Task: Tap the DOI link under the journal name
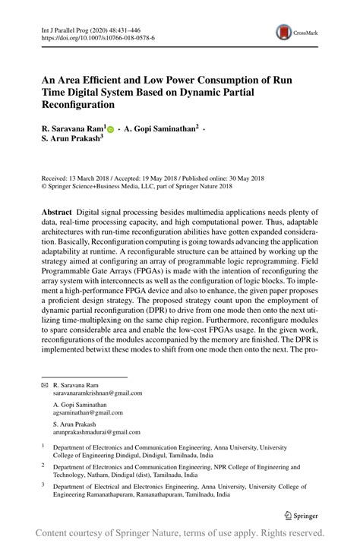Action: click(x=97, y=36)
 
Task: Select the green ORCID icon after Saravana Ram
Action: click(x=111, y=130)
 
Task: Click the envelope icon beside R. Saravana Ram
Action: click(x=43, y=386)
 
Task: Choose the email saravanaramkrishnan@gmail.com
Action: click(x=97, y=393)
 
